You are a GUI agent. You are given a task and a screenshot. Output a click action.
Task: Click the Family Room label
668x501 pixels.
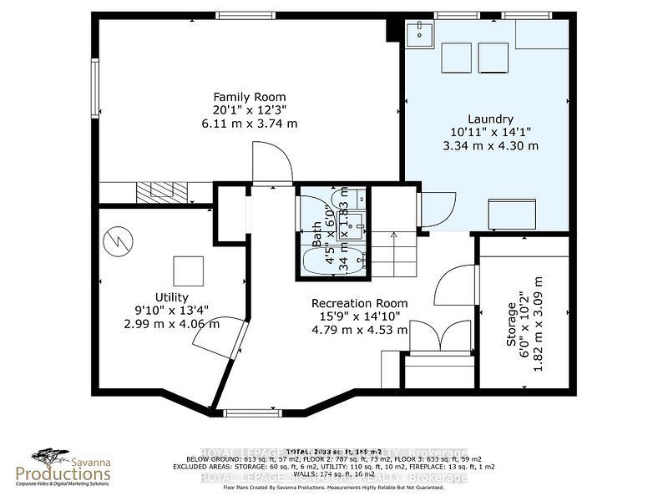point(249,96)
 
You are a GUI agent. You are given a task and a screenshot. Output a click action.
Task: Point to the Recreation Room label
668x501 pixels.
point(360,303)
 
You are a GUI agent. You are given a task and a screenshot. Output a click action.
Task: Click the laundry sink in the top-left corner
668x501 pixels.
point(417,34)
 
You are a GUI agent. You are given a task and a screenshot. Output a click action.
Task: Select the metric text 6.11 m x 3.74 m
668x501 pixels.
point(249,123)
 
